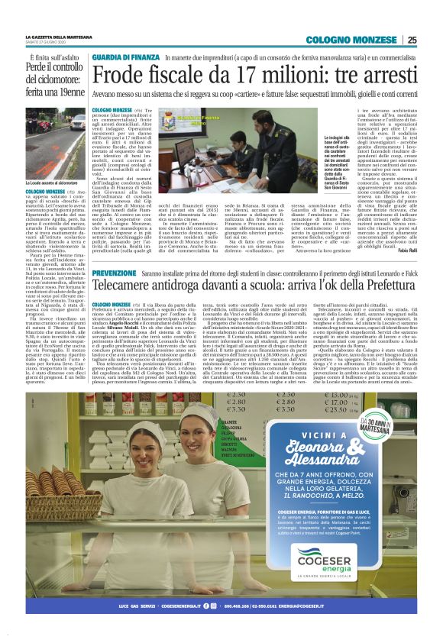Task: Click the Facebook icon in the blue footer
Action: click(205, 606)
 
